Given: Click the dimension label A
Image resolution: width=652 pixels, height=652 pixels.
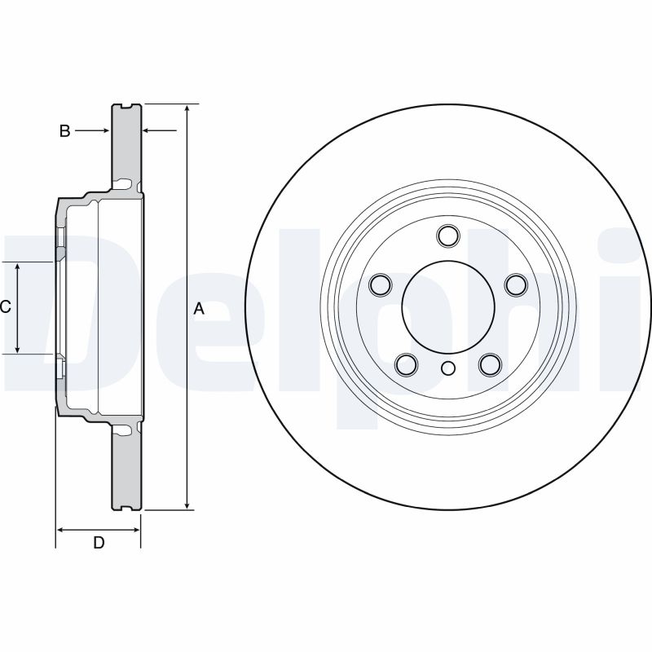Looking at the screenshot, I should (x=198, y=309).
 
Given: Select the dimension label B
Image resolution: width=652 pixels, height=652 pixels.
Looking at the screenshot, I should (x=64, y=130).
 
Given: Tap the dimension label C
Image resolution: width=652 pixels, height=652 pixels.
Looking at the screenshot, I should (x=5, y=307).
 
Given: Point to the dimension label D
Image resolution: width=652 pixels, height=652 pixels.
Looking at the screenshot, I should (x=99, y=543).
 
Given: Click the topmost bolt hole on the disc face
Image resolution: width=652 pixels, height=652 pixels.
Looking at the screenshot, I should (x=447, y=236).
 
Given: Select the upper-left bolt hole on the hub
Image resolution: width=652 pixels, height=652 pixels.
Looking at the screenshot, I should (x=381, y=284).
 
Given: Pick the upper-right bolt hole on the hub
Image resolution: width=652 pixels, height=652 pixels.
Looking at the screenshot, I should (x=514, y=284).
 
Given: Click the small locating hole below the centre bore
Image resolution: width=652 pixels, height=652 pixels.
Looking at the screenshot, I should (x=447, y=368).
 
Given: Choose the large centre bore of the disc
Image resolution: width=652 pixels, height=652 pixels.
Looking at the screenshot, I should (x=447, y=306).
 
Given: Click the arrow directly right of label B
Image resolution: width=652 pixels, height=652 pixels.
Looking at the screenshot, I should (x=104, y=130).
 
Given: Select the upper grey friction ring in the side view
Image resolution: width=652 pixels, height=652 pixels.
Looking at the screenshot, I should (x=126, y=143).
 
